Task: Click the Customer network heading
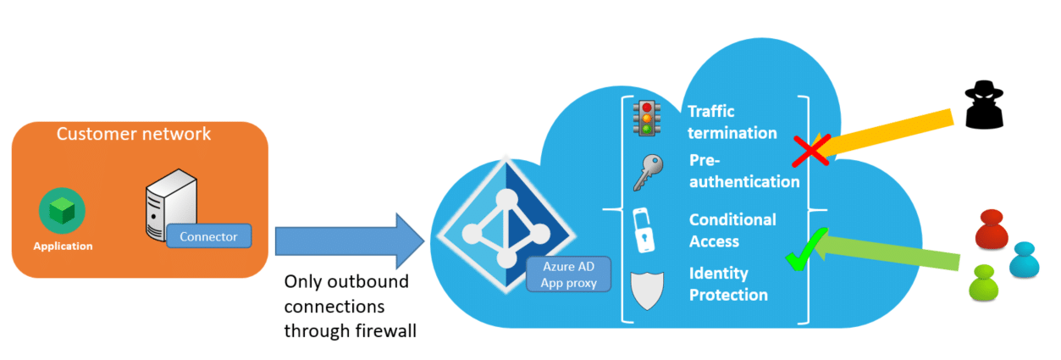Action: click(x=134, y=134)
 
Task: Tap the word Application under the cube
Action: click(x=63, y=246)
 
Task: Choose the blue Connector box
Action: click(x=208, y=236)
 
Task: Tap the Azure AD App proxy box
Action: click(x=568, y=274)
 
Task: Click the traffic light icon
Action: click(x=649, y=119)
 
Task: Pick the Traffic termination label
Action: click(x=732, y=122)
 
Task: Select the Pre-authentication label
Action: click(x=743, y=171)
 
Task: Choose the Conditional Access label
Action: click(x=732, y=230)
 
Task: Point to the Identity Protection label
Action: click(x=728, y=285)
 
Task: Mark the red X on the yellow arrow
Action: click(x=810, y=151)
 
